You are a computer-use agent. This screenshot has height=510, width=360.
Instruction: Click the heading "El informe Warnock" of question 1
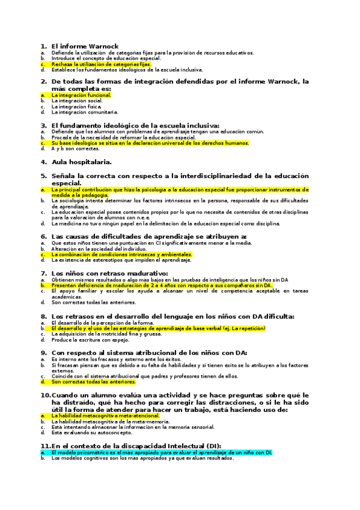(85, 46)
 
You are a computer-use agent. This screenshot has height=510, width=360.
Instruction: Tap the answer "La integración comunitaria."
(85, 112)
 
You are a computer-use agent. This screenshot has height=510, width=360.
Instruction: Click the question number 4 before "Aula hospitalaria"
(44, 162)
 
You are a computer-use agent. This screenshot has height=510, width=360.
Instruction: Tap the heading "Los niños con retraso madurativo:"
(109, 274)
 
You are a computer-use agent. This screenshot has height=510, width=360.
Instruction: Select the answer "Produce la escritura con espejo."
(90, 340)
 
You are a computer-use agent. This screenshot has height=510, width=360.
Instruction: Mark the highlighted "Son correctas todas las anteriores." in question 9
(94, 381)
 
